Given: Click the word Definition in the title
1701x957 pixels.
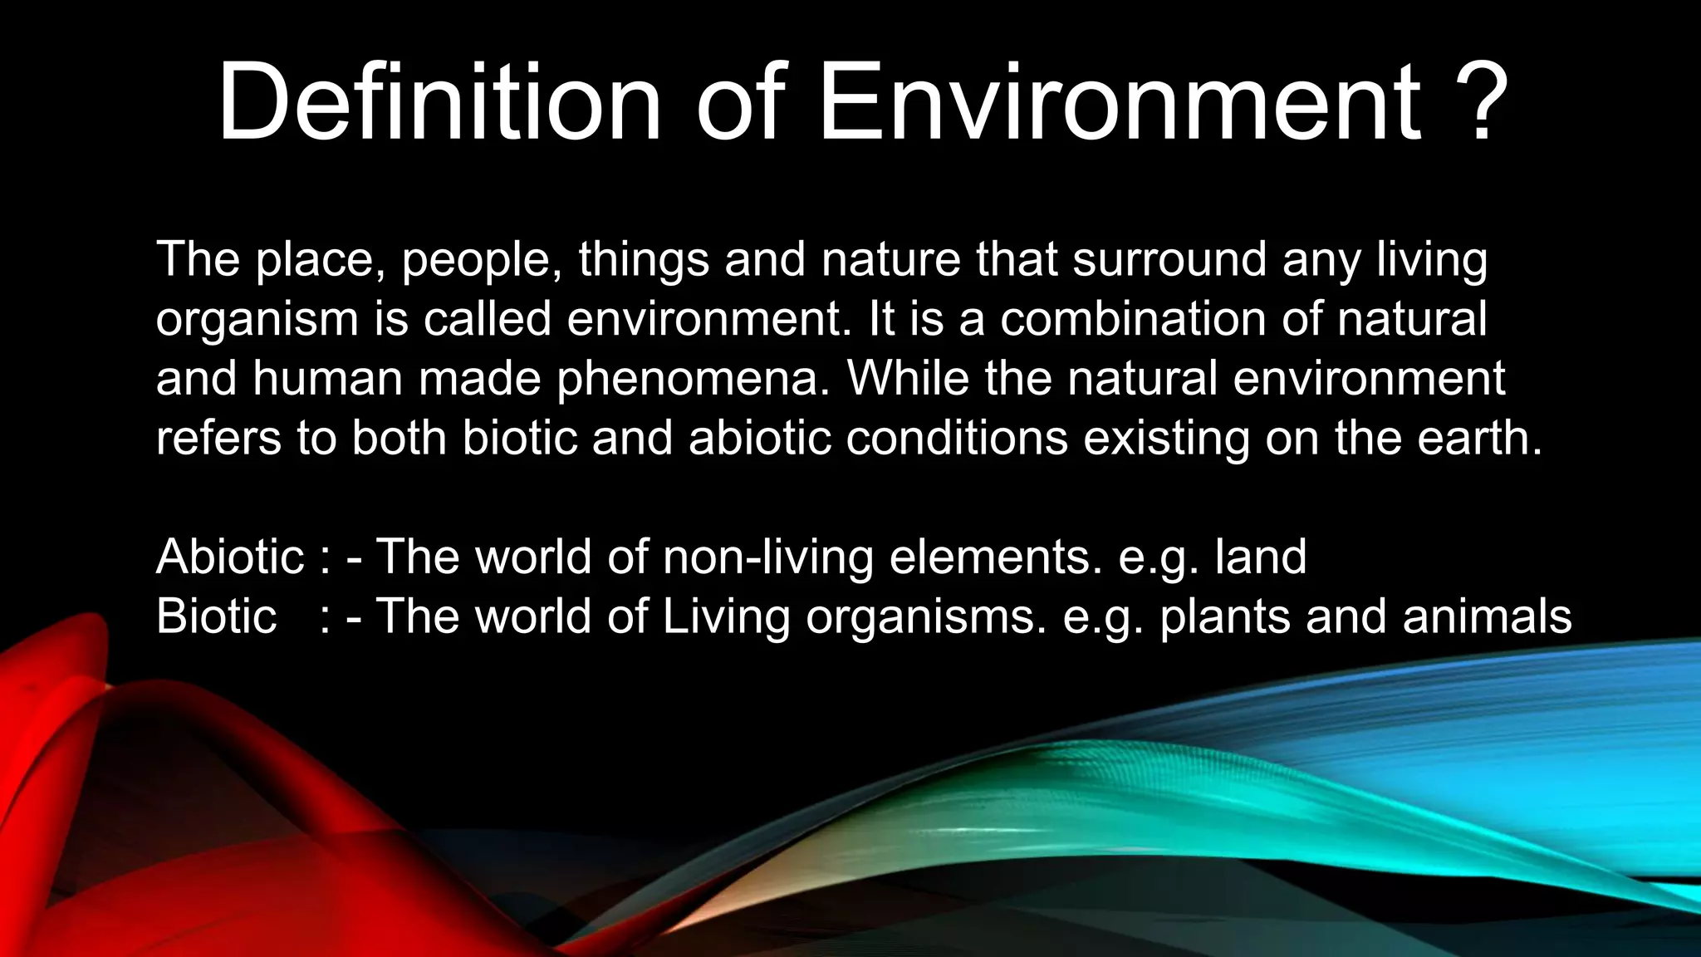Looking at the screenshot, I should pyautogui.click(x=439, y=103).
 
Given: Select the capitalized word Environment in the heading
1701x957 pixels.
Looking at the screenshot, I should pyautogui.click(x=1120, y=103).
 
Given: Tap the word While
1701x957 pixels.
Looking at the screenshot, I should pyautogui.click(x=908, y=378).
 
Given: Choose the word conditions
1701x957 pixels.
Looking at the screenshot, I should pyautogui.click(x=957, y=438).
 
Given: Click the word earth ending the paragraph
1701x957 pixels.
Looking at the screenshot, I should pyautogui.click(x=1478, y=438).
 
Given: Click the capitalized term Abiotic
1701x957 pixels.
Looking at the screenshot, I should pyautogui.click(x=230, y=557).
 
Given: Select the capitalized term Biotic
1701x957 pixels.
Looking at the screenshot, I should pyautogui.click(x=216, y=616).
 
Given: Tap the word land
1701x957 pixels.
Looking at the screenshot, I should pyautogui.click(x=1261, y=557).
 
